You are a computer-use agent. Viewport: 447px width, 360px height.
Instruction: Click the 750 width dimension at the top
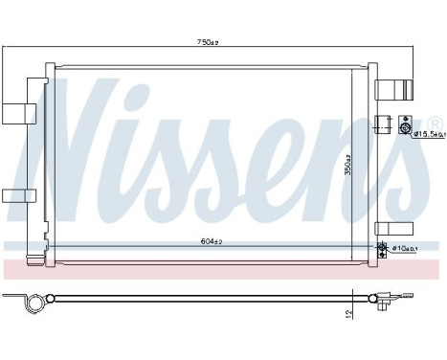(206, 43)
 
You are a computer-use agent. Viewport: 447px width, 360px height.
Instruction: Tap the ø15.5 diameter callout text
(428, 134)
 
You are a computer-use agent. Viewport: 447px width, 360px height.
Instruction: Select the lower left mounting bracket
(16, 195)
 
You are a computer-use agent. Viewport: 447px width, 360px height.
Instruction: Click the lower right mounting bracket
(392, 227)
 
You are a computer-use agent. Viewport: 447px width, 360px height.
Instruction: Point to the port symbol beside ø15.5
(405, 130)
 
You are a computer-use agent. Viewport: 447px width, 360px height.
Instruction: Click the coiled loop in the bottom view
(35, 302)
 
